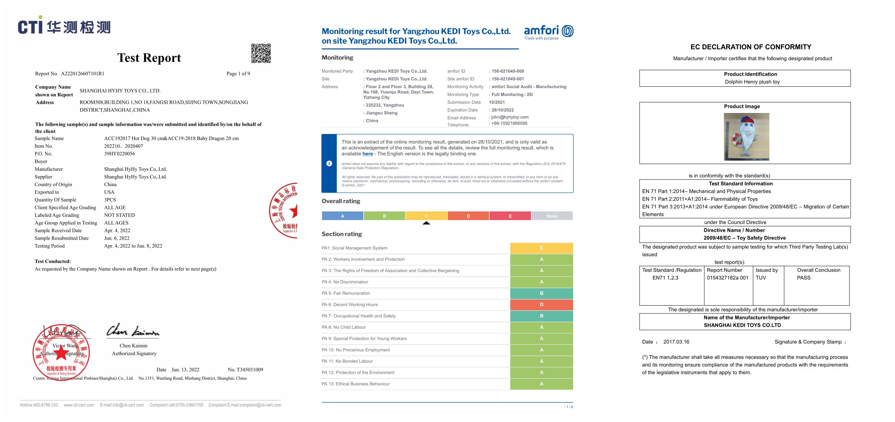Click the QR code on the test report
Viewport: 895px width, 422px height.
pyautogui.click(x=261, y=54)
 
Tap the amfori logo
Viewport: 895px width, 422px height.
pyautogui.click(x=548, y=32)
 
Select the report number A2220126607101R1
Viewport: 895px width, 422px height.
pyautogui.click(x=82, y=74)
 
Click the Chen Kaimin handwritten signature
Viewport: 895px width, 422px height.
pyautogui.click(x=133, y=331)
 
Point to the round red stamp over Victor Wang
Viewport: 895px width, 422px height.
pyautogui.click(x=61, y=352)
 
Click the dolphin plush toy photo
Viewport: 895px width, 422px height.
pyautogui.click(x=746, y=137)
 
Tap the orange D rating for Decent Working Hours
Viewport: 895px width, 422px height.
pyautogui.click(x=541, y=305)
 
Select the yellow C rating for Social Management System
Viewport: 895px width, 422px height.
pyautogui.click(x=541, y=248)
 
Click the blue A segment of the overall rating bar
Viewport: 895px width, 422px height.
pyautogui.click(x=343, y=216)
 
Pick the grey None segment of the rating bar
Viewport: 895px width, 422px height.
pyautogui.click(x=552, y=216)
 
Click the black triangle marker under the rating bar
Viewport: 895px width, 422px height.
pyautogui.click(x=426, y=223)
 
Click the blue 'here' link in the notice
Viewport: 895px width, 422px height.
pyautogui.click(x=367, y=154)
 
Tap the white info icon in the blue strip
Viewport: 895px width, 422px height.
pyautogui.click(x=329, y=164)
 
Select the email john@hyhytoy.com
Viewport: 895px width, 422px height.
pyautogui.click(x=510, y=117)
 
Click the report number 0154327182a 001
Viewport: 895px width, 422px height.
pyautogui.click(x=727, y=278)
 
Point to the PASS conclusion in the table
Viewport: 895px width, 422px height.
pyautogui.click(x=803, y=278)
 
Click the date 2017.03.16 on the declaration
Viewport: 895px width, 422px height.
pyautogui.click(x=676, y=342)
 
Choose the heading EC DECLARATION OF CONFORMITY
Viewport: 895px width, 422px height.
pyautogui.click(x=751, y=47)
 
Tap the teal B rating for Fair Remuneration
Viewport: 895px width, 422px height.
pyautogui.click(x=541, y=294)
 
